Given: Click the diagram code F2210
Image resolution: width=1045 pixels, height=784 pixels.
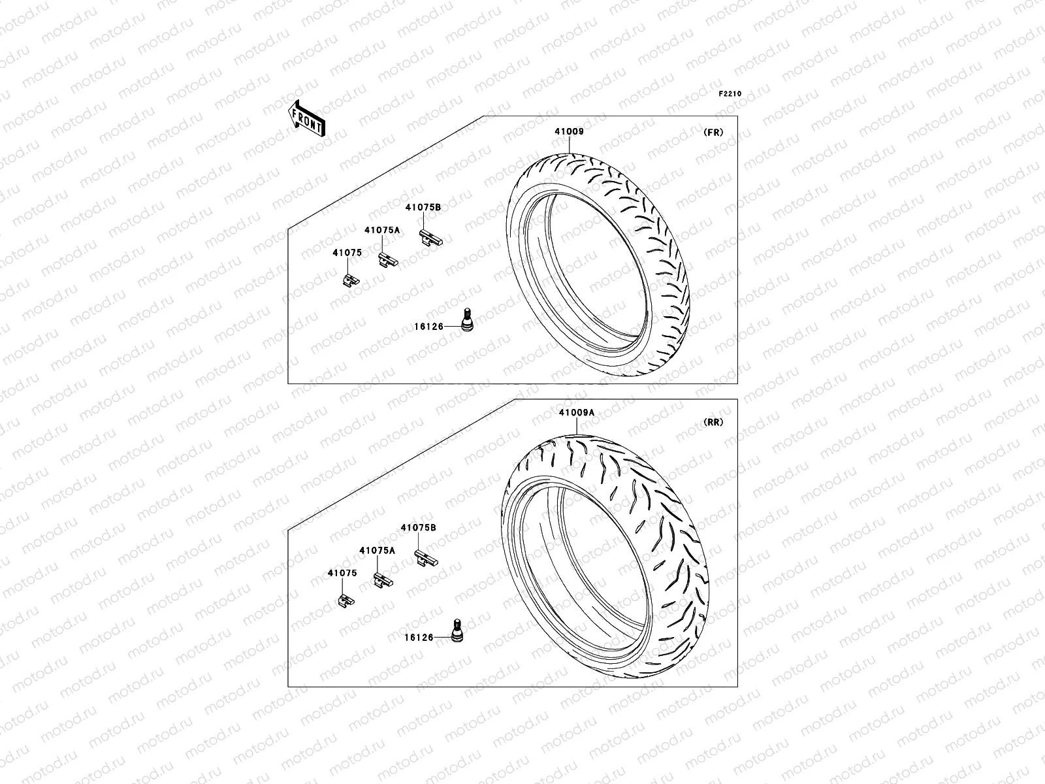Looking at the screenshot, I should [x=730, y=94].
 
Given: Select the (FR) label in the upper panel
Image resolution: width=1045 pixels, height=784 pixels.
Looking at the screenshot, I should [x=713, y=132].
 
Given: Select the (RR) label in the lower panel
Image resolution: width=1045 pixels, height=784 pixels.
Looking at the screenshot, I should [x=713, y=422].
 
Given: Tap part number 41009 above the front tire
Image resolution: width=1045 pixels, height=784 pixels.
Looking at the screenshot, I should [x=569, y=132].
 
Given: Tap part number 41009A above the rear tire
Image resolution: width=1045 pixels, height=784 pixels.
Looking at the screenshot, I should [x=576, y=413].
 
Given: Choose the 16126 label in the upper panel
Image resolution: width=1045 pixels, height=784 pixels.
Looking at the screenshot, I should [x=428, y=327].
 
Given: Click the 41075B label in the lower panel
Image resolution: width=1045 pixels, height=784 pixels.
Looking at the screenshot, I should [x=419, y=527].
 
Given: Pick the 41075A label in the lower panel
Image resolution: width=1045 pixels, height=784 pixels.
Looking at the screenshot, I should [x=377, y=551].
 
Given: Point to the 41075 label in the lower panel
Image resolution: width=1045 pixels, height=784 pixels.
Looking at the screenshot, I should [x=342, y=573].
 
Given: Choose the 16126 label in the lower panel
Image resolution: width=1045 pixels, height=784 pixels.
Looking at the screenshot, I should [x=419, y=637].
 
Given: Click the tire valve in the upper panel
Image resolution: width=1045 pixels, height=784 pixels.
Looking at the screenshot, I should [x=468, y=320].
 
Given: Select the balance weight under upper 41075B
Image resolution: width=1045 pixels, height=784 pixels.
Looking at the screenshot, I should [x=431, y=238].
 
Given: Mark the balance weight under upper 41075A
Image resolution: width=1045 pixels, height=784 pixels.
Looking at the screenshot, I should [x=387, y=260].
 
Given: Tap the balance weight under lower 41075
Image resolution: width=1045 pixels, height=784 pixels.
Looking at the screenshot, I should [x=346, y=600].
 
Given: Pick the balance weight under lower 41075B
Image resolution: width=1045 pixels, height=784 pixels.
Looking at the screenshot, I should [x=426, y=559].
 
